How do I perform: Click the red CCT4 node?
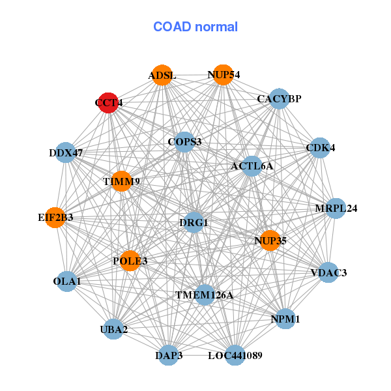pos(108,102)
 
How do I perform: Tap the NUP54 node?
pos(223,75)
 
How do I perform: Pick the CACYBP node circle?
pos(279,99)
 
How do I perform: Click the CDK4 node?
pos(319,148)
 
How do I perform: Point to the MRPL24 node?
pos(335,209)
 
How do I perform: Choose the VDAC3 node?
pos(327,272)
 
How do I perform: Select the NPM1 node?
pos(285,319)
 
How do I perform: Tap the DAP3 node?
pos(169,355)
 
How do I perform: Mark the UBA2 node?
pos(115,328)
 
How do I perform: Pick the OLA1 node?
pos(67,282)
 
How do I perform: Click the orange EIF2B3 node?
pos(55,217)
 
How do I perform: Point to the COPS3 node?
pos(184,141)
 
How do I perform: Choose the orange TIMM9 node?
pos(121,181)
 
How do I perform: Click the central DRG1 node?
pos(194,223)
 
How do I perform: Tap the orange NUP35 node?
pos(270,240)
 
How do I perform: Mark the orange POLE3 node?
pos(130,261)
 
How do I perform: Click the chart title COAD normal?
pos(195,27)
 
